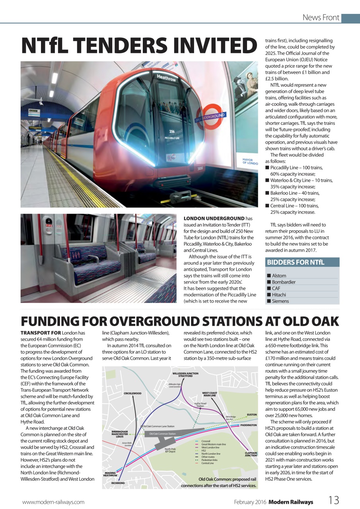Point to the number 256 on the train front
[172, 131]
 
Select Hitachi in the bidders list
[279, 295]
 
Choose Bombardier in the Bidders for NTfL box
[284, 282]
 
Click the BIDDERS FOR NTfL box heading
[296, 262]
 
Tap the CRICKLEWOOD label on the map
[132, 393]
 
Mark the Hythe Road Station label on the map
[200, 404]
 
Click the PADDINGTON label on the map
[249, 425]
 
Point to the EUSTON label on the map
[252, 414]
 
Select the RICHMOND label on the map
[118, 483]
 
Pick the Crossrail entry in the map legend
[206, 441]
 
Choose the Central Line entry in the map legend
[207, 463]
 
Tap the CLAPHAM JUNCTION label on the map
[251, 454]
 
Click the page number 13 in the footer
[333, 501]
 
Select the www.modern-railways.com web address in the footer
[53, 502]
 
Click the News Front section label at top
[321, 17]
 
